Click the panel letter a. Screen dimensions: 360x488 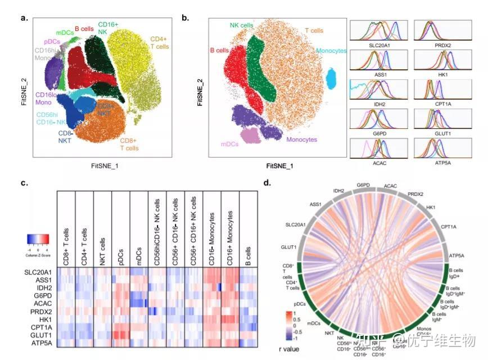[24, 17]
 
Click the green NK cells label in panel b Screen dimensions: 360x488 [242, 26]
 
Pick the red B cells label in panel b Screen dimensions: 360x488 [219, 51]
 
